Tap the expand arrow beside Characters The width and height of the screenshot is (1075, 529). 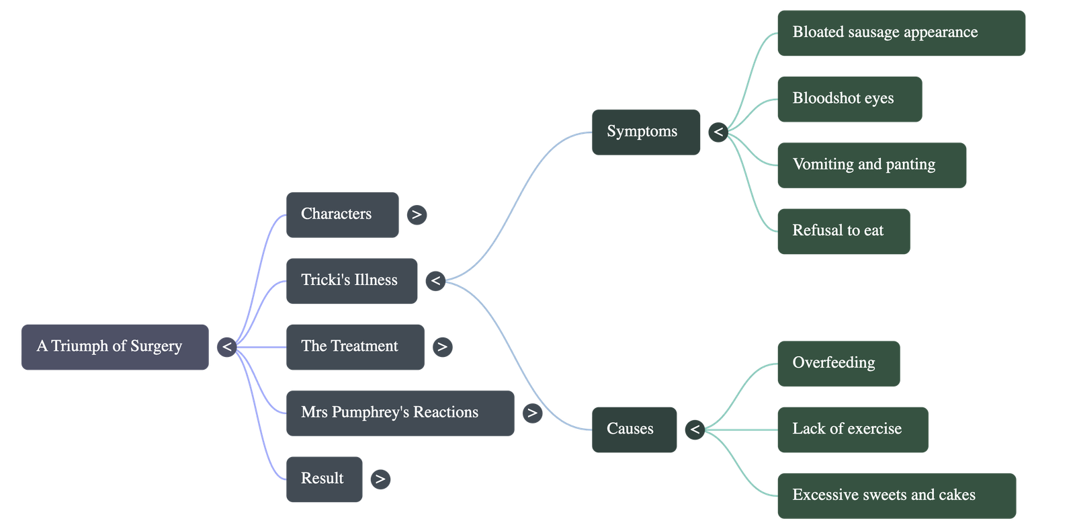(x=417, y=214)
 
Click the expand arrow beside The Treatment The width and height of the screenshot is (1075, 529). (x=441, y=347)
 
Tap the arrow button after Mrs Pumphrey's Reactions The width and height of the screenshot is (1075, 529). (x=532, y=413)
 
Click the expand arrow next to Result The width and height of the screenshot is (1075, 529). (x=380, y=479)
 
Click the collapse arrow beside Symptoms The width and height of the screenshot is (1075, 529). (x=718, y=132)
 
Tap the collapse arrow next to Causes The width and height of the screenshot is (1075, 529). (x=695, y=429)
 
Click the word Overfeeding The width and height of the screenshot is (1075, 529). (x=834, y=363)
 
